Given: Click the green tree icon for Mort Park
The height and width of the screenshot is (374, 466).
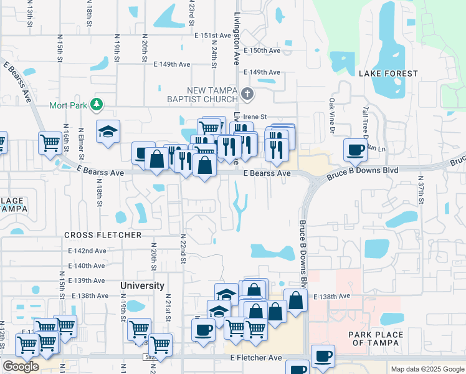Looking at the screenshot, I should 97,103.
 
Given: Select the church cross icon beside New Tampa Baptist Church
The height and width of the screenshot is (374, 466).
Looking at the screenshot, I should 247,95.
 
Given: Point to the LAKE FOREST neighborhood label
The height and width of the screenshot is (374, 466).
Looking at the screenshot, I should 389,74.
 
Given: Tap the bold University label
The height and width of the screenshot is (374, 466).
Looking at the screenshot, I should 142,285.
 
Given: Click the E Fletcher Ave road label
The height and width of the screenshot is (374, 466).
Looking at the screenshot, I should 256,358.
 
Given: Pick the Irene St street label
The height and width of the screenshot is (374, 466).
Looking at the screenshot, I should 255,117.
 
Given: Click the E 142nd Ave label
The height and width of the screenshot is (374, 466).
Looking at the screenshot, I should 87,251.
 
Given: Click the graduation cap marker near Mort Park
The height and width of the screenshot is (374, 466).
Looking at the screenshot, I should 108,132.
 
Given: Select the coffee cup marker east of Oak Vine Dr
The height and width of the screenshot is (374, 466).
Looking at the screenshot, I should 355,150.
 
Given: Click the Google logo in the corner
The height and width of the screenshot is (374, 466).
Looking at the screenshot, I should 21,367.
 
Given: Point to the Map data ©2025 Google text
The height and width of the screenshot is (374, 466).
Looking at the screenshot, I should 427,369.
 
